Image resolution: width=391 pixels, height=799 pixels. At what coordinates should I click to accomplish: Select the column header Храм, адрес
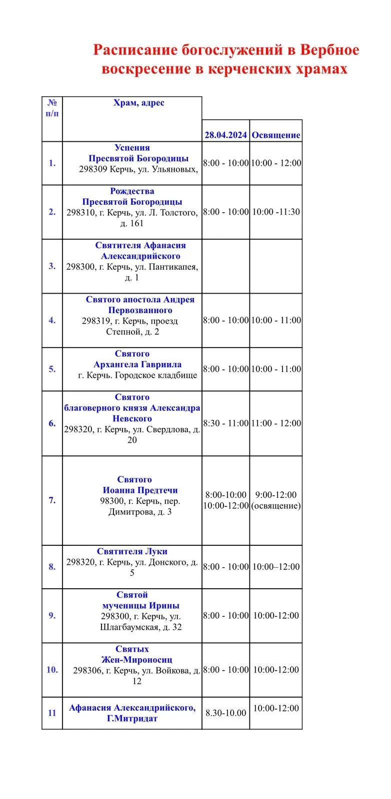pos(138,103)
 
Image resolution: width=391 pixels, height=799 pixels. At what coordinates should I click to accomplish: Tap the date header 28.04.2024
pos(225,135)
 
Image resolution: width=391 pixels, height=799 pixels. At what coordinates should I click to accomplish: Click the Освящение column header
pos(276,135)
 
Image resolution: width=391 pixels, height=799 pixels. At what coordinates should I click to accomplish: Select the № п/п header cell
pos(52,108)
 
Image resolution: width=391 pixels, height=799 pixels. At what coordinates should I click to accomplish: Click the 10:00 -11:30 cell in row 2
pos(276,212)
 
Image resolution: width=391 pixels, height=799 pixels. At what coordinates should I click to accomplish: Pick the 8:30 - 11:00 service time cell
pos(225,423)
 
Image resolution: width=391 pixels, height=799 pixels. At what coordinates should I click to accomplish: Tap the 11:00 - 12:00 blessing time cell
pos(276,423)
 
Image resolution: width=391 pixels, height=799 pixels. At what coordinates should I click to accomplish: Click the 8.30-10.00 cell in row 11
pos(225,713)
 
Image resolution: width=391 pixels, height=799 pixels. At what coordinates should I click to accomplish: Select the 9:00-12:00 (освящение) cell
pos(276,500)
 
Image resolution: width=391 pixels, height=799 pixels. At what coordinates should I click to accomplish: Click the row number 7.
pos(52,500)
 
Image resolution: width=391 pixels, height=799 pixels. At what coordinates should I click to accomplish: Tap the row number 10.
pos(52,670)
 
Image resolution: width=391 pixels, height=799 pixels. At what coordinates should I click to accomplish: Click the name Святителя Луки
pos(132,551)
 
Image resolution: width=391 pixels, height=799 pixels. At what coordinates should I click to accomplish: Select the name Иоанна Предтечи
pos(140,490)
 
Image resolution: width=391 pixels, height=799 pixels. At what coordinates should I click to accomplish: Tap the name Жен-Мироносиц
pos(136,659)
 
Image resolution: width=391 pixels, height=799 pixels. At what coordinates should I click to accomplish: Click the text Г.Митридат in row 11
pos(132,719)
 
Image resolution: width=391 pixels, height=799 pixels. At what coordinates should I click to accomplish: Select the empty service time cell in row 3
pos(225,266)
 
